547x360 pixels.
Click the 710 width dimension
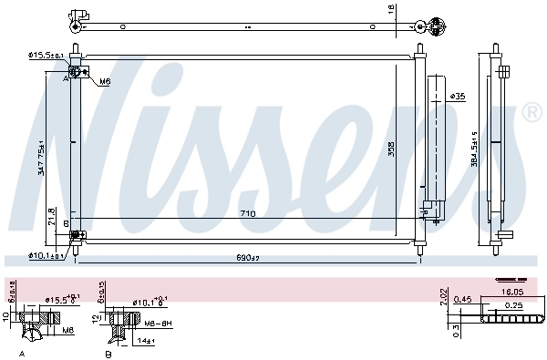pyautogui.click(x=247, y=214)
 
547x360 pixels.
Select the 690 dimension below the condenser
pyautogui.click(x=247, y=259)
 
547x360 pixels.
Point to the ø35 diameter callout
pyautogui.click(x=458, y=96)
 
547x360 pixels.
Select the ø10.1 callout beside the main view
pyautogui.click(x=46, y=255)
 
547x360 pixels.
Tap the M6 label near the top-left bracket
pyautogui.click(x=105, y=81)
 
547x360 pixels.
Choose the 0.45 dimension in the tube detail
pyautogui.click(x=464, y=299)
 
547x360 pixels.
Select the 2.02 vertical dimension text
pyautogui.click(x=444, y=297)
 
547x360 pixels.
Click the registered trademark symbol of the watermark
pyautogui.click(x=531, y=113)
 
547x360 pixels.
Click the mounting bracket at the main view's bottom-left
pyautogui.click(x=77, y=236)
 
